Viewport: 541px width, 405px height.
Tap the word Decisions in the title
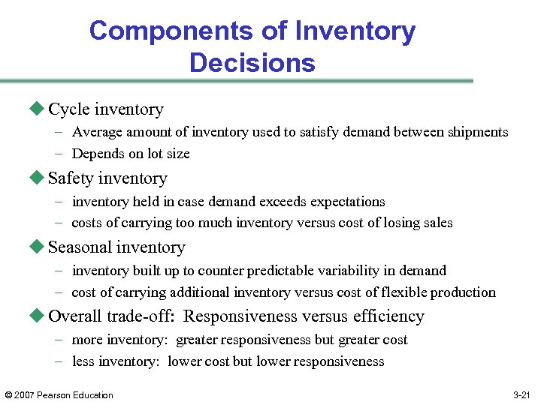coord(252,62)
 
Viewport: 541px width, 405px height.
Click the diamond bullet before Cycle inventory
coord(38,109)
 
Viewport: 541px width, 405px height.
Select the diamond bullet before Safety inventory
coord(38,178)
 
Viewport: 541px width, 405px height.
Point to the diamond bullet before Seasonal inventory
coord(38,247)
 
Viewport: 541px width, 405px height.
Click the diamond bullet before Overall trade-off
coord(38,316)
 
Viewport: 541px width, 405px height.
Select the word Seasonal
coord(80,247)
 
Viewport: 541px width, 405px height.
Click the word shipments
coord(479,132)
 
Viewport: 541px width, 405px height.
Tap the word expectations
coord(346,202)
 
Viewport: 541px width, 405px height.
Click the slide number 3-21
coord(521,395)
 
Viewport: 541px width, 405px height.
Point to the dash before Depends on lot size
coord(59,154)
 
